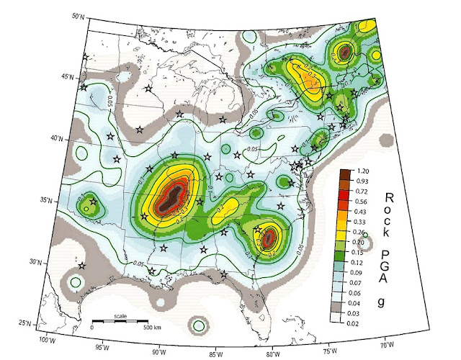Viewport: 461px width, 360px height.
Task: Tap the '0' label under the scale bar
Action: click(x=92, y=328)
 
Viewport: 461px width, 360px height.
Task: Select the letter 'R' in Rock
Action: click(x=390, y=197)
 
